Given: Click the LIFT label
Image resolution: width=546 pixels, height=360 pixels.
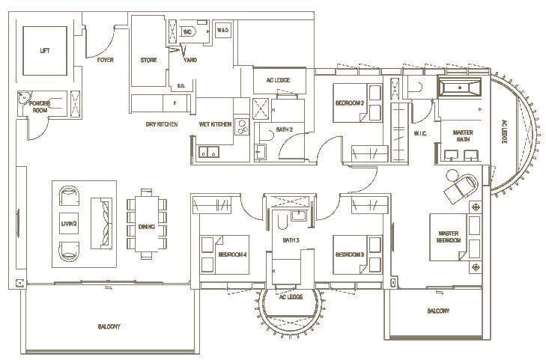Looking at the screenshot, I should point(44,51).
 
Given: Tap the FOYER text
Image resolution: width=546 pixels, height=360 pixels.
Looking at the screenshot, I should point(106,60).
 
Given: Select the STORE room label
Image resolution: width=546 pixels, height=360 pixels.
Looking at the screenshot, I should point(148,60).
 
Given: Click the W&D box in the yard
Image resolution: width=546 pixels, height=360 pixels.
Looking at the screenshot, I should point(223,30).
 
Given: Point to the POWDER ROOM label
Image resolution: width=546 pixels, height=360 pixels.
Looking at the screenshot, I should point(40,107).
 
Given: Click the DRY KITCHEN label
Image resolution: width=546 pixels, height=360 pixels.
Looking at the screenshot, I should point(161,124).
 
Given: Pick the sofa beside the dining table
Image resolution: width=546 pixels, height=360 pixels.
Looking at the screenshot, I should point(100,224).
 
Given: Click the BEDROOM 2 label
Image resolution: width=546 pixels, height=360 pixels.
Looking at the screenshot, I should point(349,103).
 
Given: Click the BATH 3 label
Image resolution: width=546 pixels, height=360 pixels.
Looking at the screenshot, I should point(291,240).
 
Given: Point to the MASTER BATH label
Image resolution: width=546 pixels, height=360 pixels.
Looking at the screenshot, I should point(462,135).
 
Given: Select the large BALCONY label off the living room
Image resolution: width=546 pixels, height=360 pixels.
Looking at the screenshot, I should point(109,327).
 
